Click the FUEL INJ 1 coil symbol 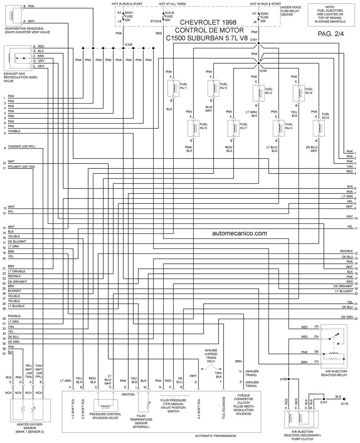(x=173, y=88)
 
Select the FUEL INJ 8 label (x=325, y=116)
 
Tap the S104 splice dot (x=259, y=63)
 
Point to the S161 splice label (x=254, y=40)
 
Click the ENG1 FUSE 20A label (x=129, y=16)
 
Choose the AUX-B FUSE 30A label (x=169, y=16)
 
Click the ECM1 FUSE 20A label (x=264, y=17)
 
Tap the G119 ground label (x=344, y=404)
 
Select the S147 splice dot (x=324, y=399)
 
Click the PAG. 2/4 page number (x=331, y=34)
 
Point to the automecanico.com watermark (x=240, y=233)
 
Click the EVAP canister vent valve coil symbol (x=12, y=15)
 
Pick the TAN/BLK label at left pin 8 (x=14, y=131)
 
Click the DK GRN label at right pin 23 (x=347, y=317)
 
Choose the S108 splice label (x=129, y=45)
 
